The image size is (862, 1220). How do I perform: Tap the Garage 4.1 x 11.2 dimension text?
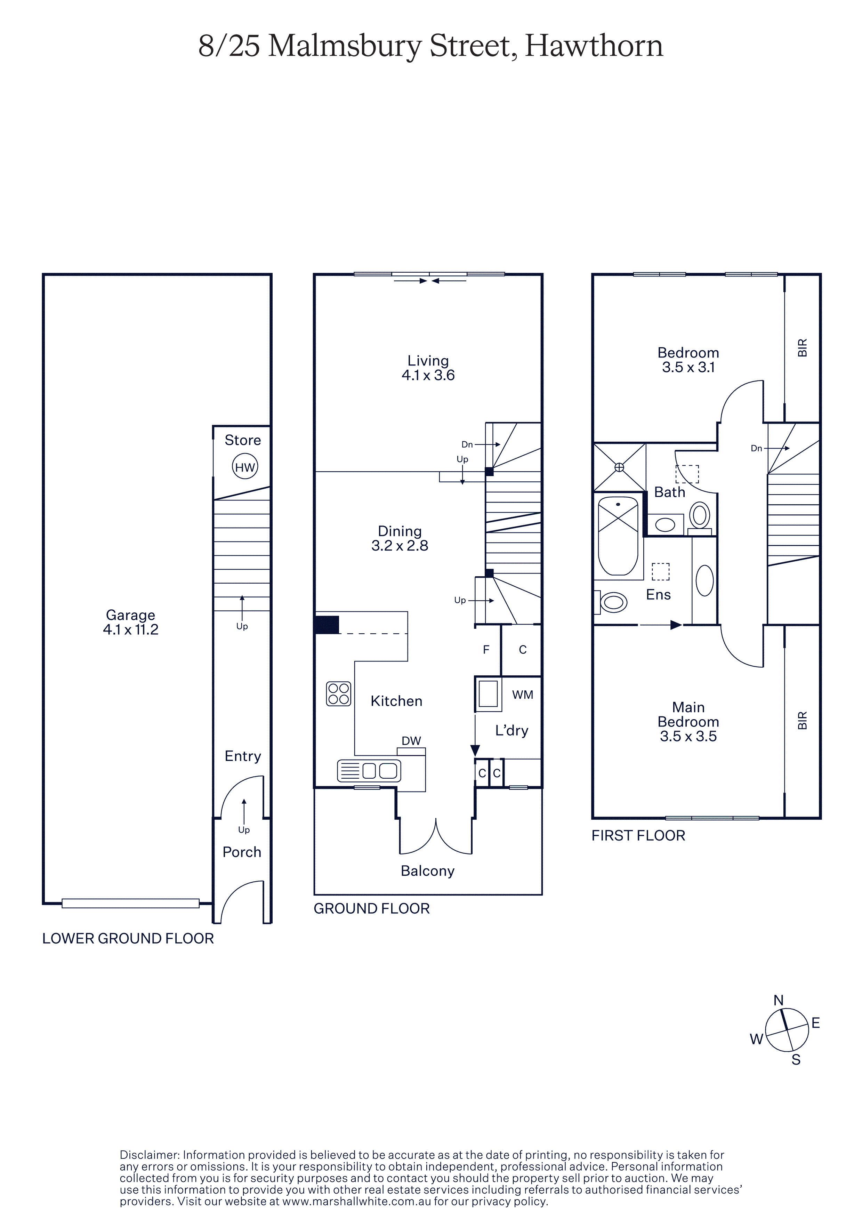(131, 630)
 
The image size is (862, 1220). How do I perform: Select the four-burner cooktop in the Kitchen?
(339, 693)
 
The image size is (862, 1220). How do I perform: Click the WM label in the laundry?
(523, 695)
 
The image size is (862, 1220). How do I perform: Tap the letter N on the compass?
(779, 1000)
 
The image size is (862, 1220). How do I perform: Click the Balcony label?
(428, 871)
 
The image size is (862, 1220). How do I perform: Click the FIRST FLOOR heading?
(638, 835)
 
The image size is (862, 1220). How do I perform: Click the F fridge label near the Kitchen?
(486, 649)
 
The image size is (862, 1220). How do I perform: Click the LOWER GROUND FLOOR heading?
(128, 938)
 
